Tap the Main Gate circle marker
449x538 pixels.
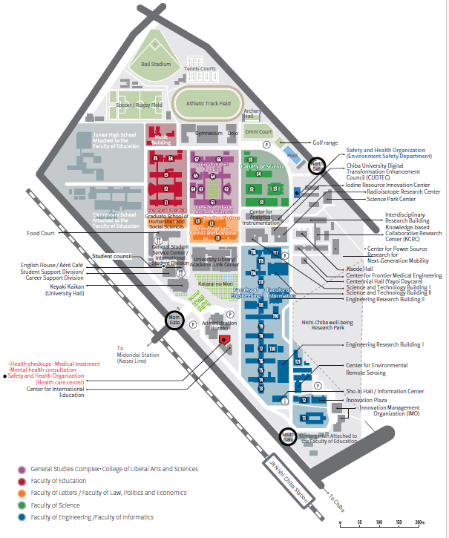coord(174,321)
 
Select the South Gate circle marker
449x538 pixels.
coord(287,437)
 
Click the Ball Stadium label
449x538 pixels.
coord(157,64)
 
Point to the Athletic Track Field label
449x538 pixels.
coord(209,104)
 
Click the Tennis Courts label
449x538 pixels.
coord(200,69)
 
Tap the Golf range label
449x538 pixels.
coord(325,142)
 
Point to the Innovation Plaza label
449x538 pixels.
coord(366,400)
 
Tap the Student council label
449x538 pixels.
coord(112,256)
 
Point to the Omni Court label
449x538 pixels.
coord(258,131)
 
